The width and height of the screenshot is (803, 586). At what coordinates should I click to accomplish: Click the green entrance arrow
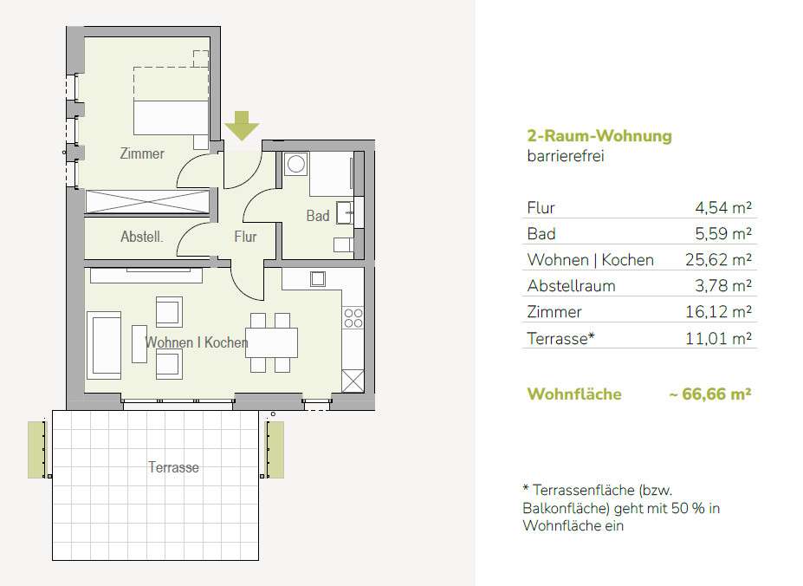pyautogui.click(x=242, y=126)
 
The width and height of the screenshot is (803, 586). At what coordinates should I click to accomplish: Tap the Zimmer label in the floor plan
pyautogui.click(x=142, y=153)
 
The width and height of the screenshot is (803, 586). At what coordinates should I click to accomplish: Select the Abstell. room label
pyautogui.click(x=142, y=237)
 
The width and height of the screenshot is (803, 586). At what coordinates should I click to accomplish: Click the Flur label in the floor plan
pyautogui.click(x=245, y=237)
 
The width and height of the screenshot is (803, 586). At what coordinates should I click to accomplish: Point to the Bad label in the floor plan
pyautogui.click(x=318, y=216)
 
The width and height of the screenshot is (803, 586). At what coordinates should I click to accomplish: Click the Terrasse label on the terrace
pyautogui.click(x=173, y=467)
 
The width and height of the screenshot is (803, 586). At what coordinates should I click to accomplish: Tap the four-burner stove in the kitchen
pyautogui.click(x=353, y=318)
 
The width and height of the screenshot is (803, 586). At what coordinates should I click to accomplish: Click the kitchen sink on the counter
pyautogui.click(x=318, y=279)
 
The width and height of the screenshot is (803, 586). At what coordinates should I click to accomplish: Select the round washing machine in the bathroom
pyautogui.click(x=296, y=164)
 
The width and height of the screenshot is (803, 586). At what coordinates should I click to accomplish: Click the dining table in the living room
pyautogui.click(x=272, y=342)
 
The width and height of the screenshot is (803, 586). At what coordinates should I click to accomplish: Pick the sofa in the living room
pyautogui.click(x=104, y=346)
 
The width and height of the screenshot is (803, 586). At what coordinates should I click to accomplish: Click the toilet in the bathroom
pyautogui.click(x=343, y=244)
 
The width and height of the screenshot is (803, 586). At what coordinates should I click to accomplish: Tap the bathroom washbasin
pyautogui.click(x=345, y=212)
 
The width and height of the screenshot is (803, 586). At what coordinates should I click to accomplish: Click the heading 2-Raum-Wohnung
pyautogui.click(x=599, y=136)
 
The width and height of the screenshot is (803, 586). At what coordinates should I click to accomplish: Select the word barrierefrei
pyautogui.click(x=566, y=156)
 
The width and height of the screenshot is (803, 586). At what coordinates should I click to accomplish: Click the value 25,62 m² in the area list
pyautogui.click(x=718, y=259)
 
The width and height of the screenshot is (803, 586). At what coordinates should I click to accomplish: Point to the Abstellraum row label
pyautogui.click(x=571, y=285)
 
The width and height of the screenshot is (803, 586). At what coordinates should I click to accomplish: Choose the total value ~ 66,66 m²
pyautogui.click(x=710, y=394)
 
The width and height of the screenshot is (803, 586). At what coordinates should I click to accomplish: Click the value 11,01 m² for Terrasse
pyautogui.click(x=718, y=338)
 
